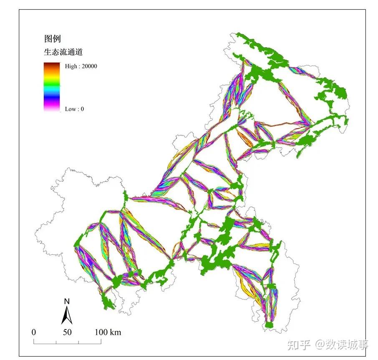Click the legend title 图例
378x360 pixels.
pyautogui.click(x=52, y=39)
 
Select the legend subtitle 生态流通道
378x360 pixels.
pyautogui.click(x=63, y=52)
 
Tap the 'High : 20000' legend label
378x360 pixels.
pyautogui.click(x=81, y=66)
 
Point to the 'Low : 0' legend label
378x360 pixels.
pyautogui.click(x=74, y=109)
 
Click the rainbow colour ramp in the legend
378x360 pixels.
pyautogui.click(x=51, y=86)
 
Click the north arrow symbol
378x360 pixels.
pyautogui.click(x=67, y=315)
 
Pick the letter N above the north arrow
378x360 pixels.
pyautogui.click(x=67, y=301)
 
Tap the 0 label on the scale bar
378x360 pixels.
pyautogui.click(x=34, y=332)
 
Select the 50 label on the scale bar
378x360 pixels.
pyautogui.click(x=67, y=332)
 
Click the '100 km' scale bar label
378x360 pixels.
pyautogui.click(x=108, y=332)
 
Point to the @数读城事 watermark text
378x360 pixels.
pyautogui.click(x=342, y=345)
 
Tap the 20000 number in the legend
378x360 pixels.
pyautogui.click(x=89, y=66)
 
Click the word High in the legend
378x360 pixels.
pyautogui.click(x=71, y=66)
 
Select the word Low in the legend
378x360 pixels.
pyautogui.click(x=70, y=109)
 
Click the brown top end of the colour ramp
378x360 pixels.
pyautogui.click(x=51, y=64)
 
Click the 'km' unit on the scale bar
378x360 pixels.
pyautogui.click(x=116, y=332)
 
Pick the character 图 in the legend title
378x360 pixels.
pyautogui.click(x=48, y=39)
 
